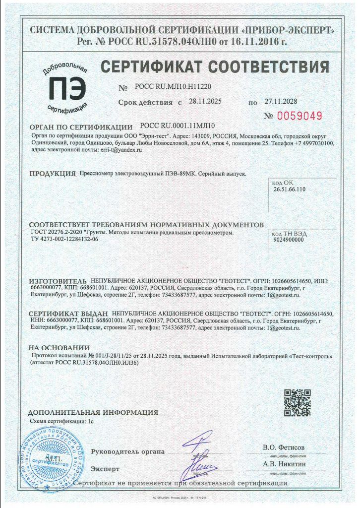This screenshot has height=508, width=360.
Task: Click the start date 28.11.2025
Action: [x=205, y=101]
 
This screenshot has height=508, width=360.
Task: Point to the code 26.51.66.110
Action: [x=289, y=189]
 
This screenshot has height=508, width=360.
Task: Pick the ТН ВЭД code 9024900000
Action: [x=289, y=240]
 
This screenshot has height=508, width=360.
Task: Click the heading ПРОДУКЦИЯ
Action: [x=52, y=174]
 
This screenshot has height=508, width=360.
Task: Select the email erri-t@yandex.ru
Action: [x=121, y=149]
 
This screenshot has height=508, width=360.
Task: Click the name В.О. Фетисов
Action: [x=284, y=447]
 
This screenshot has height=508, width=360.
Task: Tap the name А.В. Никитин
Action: [x=284, y=464]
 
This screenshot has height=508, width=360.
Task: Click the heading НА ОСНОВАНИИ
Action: [x=59, y=348]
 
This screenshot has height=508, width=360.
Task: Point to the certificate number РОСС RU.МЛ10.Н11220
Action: [x=176, y=86]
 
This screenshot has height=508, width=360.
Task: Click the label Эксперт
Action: [x=105, y=468]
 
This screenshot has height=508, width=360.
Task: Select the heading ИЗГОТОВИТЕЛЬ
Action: [x=58, y=281]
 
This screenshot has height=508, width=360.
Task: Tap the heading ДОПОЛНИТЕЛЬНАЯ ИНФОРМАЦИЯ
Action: [x=93, y=412]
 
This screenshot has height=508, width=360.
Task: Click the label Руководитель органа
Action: [x=127, y=451]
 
